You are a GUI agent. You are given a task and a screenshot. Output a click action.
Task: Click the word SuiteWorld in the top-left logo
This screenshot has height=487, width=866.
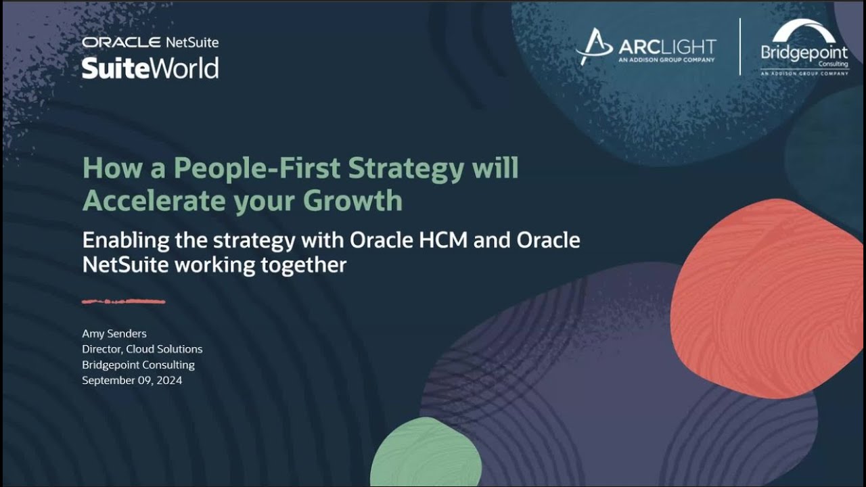150,68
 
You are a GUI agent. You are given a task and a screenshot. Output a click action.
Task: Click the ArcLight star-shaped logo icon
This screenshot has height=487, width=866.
593,46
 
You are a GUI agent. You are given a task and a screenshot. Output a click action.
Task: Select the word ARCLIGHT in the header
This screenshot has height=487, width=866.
667,47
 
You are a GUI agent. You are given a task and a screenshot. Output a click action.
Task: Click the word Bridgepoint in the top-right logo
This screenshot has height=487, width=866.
804,53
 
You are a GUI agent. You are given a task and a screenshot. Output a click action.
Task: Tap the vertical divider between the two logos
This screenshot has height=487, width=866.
739,46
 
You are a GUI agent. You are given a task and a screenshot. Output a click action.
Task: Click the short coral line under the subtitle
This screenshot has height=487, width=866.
124,301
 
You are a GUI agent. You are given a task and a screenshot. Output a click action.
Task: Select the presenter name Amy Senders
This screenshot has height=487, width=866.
114,333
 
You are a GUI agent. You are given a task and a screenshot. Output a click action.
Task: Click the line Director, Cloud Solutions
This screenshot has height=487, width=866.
142,349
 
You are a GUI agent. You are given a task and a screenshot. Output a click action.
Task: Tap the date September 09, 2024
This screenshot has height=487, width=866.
132,380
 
